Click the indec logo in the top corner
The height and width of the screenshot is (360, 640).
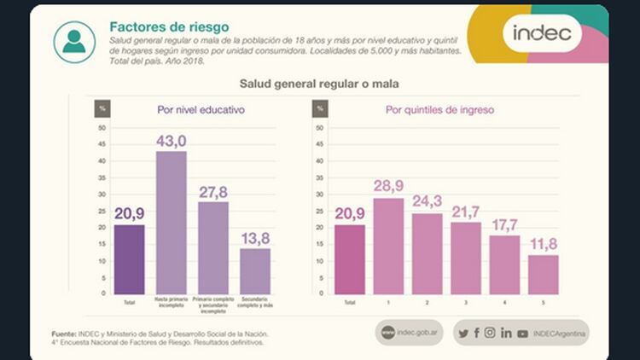pyautogui.click(x=547, y=35)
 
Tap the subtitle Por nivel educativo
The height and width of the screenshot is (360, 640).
pyautogui.click(x=201, y=110)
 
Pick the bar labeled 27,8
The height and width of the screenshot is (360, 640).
pyautogui.click(x=213, y=247)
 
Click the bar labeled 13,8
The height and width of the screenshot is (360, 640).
pyautogui.click(x=255, y=270)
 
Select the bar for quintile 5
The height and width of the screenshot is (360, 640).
pyautogui.click(x=543, y=274)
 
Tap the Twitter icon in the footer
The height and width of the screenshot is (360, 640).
pyautogui.click(x=463, y=334)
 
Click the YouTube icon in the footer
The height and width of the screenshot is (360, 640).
pyautogui.click(x=522, y=334)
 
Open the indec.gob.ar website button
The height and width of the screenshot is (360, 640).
pyautogui.click(x=411, y=334)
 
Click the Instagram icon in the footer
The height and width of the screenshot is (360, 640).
pyautogui.click(x=490, y=334)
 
